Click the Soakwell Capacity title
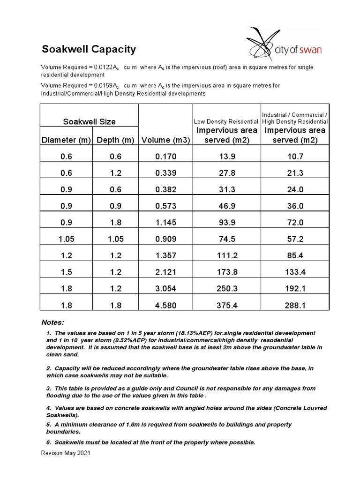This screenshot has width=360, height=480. point(89,49)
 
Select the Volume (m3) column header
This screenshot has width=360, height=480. point(165,140)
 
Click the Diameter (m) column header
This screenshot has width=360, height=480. point(66,140)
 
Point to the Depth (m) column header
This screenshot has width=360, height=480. point(115,140)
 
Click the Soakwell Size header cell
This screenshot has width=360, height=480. point(89,121)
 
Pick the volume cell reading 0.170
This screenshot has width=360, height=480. point(165,157)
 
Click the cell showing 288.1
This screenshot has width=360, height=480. point(295,305)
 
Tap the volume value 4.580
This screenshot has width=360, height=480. point(165,305)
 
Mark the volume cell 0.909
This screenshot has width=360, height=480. point(165,239)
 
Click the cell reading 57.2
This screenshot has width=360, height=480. point(295,239)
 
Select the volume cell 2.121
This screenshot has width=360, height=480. point(165,272)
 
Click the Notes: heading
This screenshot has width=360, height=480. point(52,322)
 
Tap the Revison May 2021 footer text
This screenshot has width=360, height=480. point(66,453)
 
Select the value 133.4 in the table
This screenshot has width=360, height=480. point(295,272)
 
